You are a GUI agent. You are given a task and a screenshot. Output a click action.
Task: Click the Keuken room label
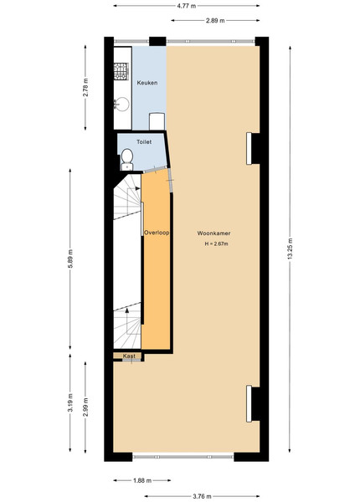[x=147, y=83]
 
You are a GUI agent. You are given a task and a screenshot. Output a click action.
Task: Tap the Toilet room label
[x=144, y=142]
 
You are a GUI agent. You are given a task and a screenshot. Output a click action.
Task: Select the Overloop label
[x=157, y=233]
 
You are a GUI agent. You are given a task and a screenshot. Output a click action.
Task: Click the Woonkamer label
[x=213, y=233]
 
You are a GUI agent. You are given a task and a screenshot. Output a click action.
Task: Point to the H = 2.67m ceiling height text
[x=217, y=243]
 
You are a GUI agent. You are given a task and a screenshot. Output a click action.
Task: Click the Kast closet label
[x=129, y=356]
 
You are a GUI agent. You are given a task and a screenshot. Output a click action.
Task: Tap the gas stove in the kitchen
[x=121, y=71]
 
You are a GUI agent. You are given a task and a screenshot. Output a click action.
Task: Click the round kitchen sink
[x=122, y=105]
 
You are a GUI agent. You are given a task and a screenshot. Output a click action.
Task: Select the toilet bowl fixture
[x=127, y=159]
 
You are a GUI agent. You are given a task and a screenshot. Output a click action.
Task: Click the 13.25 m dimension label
[x=291, y=249]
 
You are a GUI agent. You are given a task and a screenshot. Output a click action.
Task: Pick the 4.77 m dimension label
[x=187, y=6]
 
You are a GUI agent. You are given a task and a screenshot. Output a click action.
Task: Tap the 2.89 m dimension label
[x=215, y=20]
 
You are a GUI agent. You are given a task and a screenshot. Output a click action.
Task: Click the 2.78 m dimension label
[x=85, y=87]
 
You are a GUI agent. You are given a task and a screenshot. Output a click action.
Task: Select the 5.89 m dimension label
[x=70, y=259]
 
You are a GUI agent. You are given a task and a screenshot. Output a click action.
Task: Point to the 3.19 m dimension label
[x=70, y=402]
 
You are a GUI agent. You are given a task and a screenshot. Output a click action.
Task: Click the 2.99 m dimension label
[x=85, y=407]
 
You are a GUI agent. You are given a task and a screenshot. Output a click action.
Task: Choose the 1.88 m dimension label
[x=142, y=480]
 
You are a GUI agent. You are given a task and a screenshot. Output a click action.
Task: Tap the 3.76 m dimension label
[x=202, y=496]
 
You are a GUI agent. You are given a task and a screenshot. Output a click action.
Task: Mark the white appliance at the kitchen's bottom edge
[x=157, y=121]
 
